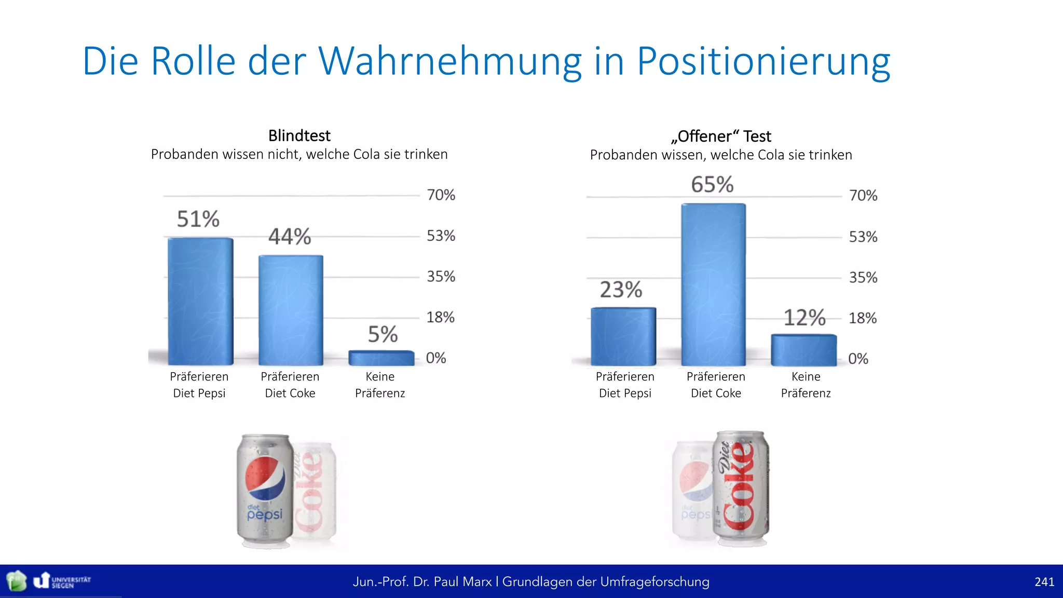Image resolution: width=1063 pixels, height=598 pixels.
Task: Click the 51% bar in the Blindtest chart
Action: pyautogui.click(x=200, y=301)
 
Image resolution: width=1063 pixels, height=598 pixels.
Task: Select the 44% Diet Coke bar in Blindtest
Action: pyautogui.click(x=291, y=310)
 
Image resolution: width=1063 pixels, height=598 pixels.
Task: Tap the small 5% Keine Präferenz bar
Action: pyautogui.click(x=381, y=358)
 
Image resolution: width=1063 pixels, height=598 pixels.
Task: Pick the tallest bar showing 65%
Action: pyautogui.click(x=713, y=284)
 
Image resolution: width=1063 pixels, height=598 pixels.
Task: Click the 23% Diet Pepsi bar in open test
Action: pyautogui.click(x=623, y=336)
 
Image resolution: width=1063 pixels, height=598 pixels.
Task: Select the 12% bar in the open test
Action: pyautogui.click(x=803, y=350)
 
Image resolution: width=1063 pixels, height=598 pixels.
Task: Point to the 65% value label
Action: pyautogui.click(x=712, y=185)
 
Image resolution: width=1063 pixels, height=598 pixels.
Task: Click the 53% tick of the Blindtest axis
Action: pyautogui.click(x=441, y=236)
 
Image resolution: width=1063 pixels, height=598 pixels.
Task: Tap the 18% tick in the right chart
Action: pyautogui.click(x=862, y=318)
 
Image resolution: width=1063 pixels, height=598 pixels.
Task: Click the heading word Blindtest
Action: pyautogui.click(x=299, y=135)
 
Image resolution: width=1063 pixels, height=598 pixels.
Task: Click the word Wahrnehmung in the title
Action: pyautogui.click(x=449, y=61)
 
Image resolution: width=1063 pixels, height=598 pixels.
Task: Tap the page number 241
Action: pyautogui.click(x=1044, y=582)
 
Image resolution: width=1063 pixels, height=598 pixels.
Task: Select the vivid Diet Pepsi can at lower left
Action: pyautogui.click(x=265, y=491)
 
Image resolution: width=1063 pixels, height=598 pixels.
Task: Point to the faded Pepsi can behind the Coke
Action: pyautogui.click(x=691, y=491)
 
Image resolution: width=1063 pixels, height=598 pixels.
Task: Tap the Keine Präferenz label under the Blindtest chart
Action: pyautogui.click(x=379, y=385)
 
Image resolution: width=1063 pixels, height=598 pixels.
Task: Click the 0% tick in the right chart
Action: pyautogui.click(x=857, y=359)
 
